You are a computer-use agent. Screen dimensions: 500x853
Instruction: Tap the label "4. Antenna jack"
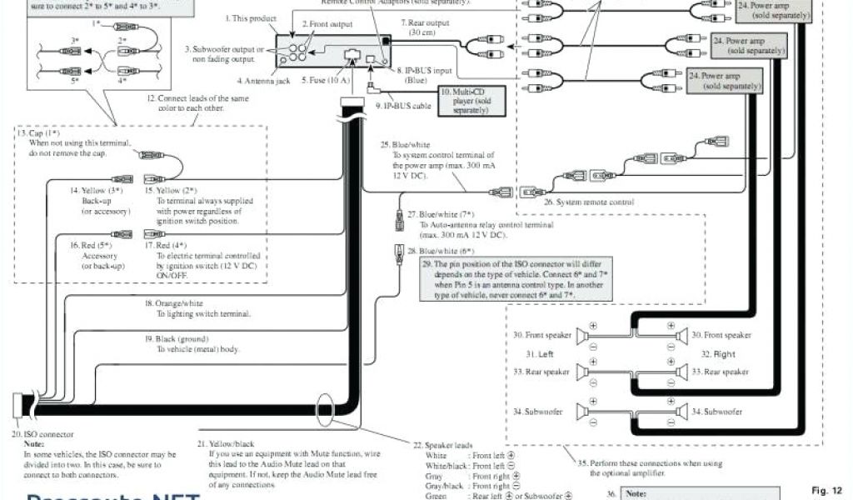click(x=264, y=81)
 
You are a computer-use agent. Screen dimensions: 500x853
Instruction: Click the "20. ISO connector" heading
click(x=42, y=434)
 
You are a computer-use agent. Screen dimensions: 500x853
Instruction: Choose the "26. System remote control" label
click(x=588, y=202)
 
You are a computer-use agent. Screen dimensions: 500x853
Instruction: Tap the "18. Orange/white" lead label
click(x=173, y=303)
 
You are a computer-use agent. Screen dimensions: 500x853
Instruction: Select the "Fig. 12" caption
click(x=827, y=489)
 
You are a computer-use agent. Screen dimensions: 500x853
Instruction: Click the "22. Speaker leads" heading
click(x=447, y=445)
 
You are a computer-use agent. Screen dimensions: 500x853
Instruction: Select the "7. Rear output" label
click(x=425, y=22)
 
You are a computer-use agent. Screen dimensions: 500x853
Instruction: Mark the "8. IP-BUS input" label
click(x=425, y=72)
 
